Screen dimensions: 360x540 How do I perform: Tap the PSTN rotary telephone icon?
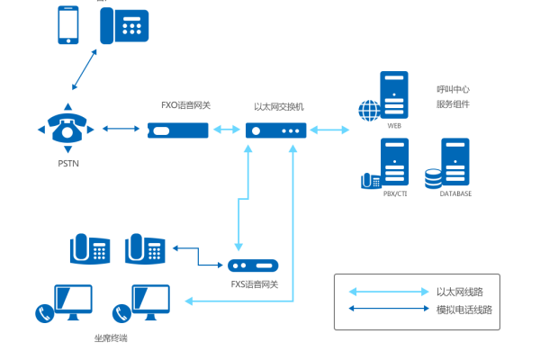pyautogui.click(x=68, y=130)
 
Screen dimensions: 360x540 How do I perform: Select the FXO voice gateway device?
pyautogui.click(x=178, y=130)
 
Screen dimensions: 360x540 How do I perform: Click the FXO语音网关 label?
pyautogui.click(x=186, y=105)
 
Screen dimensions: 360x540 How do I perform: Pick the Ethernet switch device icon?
pyautogui.click(x=275, y=130)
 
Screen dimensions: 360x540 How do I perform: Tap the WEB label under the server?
pyautogui.click(x=394, y=126)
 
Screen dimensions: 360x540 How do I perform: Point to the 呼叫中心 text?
pyautogui.click(x=453, y=89)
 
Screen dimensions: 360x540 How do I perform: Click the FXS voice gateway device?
pyautogui.click(x=253, y=265)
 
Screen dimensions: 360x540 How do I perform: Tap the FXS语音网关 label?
pyautogui.click(x=254, y=284)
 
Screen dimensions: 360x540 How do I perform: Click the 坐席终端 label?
pyautogui.click(x=112, y=338)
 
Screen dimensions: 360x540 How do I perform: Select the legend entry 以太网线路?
pyautogui.click(x=459, y=292)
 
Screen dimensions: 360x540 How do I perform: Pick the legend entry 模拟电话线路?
pyautogui.click(x=464, y=310)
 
